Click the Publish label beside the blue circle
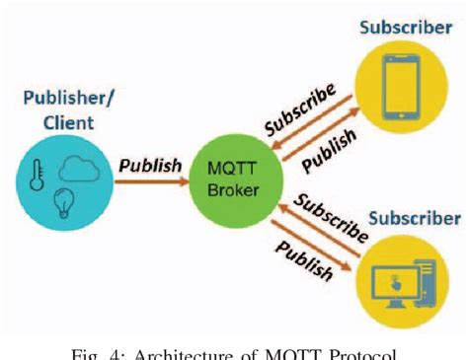tap(150, 165)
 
